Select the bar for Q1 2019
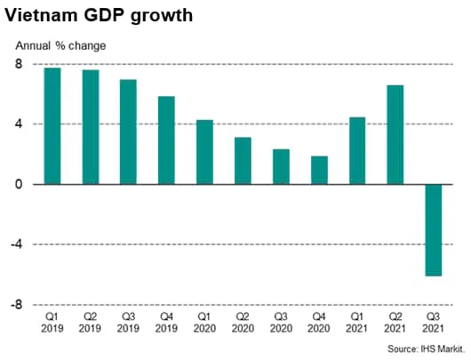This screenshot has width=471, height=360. [x=52, y=125]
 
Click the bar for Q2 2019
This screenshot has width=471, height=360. [x=91, y=127]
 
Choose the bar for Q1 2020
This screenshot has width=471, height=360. [x=204, y=152]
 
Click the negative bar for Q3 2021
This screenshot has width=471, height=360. [x=433, y=230]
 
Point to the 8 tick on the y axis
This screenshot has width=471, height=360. [x=19, y=64]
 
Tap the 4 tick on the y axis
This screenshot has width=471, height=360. [x=19, y=124]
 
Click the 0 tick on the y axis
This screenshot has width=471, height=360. [x=19, y=184]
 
